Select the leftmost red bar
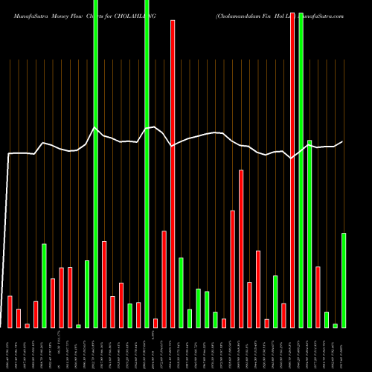click(x=10, y=312)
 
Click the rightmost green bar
click(x=344, y=280)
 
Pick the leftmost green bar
click(x=45, y=286)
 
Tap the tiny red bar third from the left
click(x=28, y=325)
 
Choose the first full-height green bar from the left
click(x=96, y=164)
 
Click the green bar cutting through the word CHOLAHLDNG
click(x=147, y=164)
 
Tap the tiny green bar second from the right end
click(x=335, y=325)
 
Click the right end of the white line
click(x=343, y=141)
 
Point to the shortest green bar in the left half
click(x=79, y=326)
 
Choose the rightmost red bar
click(x=318, y=297)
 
